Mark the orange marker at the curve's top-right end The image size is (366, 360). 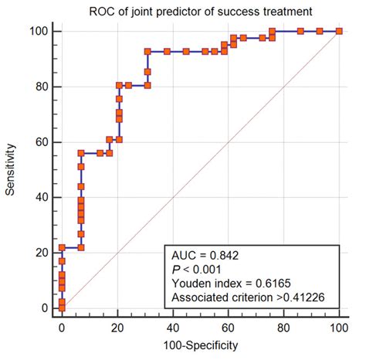coord(339,31)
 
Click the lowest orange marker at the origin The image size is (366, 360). coord(63,307)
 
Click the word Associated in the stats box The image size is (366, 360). coord(198,297)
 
